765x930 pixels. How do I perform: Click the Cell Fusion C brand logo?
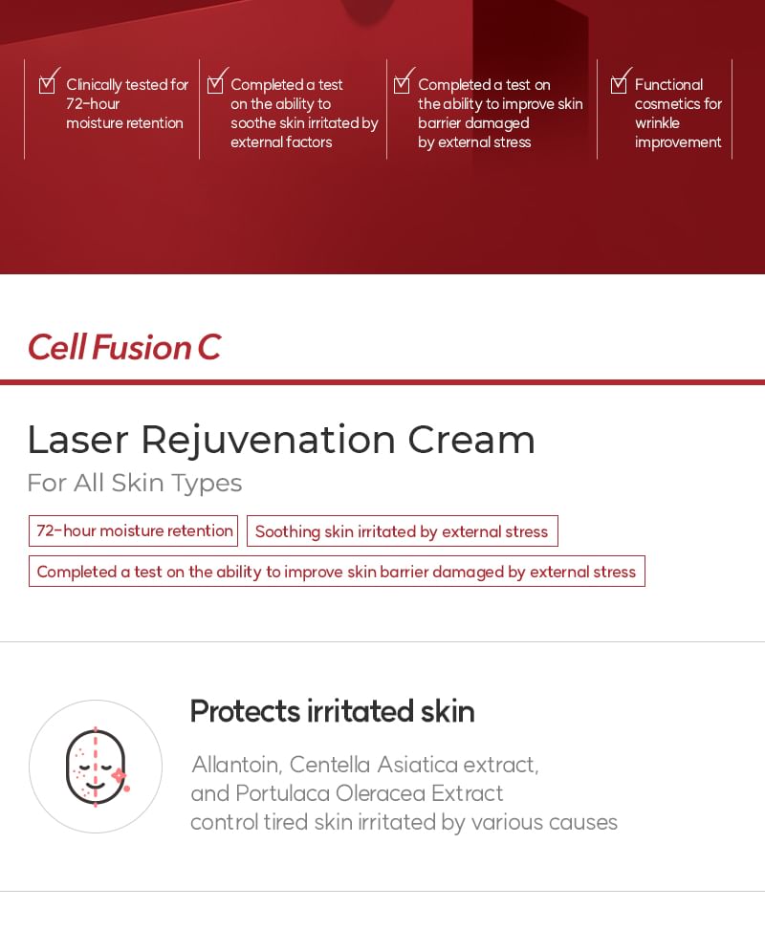[x=123, y=347]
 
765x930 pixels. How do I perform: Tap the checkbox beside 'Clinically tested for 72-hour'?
[x=47, y=85]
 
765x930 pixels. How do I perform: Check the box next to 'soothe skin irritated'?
[x=215, y=85]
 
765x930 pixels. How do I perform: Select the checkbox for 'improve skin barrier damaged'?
[x=402, y=85]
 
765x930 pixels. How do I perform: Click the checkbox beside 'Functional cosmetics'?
[x=619, y=85]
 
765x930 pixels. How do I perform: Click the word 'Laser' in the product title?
[x=78, y=440]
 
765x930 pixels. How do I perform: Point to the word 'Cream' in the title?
[x=471, y=440]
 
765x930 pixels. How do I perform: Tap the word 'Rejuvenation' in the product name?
[x=268, y=440]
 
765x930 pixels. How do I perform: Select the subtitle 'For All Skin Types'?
[x=134, y=483]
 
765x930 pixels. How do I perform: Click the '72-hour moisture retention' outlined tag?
[x=134, y=531]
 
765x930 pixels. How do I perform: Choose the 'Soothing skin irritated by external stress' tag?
[x=402, y=531]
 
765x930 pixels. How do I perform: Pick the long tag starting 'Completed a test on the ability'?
[x=337, y=572]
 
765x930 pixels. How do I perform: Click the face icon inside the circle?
[x=96, y=767]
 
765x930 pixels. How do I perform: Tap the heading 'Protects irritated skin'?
[x=332, y=711]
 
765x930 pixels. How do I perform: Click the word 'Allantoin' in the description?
[x=235, y=765]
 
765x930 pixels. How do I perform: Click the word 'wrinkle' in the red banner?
[x=657, y=123]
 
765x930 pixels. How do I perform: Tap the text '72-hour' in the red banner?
[x=93, y=104]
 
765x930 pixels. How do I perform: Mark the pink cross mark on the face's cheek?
[x=120, y=776]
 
